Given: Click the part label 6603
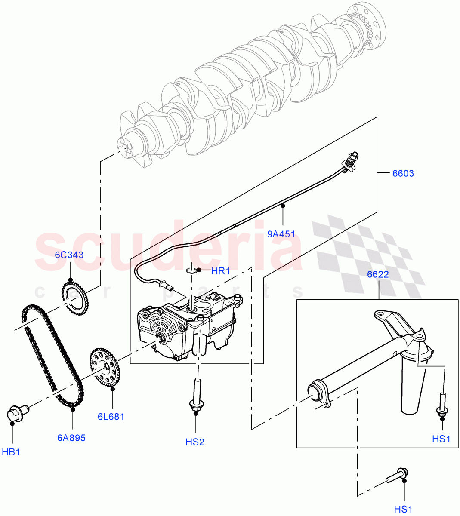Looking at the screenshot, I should (403, 173).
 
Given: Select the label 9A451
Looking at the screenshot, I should (281, 234).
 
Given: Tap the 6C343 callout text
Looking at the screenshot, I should (69, 255).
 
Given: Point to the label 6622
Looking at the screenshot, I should (378, 274).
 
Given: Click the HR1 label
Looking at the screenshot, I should (220, 271).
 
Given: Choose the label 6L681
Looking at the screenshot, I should (111, 416).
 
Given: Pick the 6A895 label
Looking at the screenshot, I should (71, 438).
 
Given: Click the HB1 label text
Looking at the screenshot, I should (11, 452).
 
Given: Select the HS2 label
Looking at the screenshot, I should (195, 442).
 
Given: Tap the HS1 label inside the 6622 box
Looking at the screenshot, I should (441, 439).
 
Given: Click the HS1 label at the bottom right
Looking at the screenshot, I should (403, 510).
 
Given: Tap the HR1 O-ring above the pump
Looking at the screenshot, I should (192, 270).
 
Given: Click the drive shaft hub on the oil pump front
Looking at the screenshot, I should (163, 340).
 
